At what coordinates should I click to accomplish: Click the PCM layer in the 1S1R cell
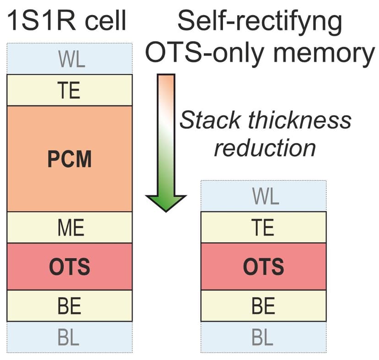[70, 159]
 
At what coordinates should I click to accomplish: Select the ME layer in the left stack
[70, 227]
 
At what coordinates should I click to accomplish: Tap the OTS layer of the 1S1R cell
[70, 266]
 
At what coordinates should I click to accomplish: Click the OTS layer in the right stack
[263, 266]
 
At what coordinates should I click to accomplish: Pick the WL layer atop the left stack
[70, 59]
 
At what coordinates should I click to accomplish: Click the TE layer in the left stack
[70, 90]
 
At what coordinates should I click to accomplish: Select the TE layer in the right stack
[263, 227]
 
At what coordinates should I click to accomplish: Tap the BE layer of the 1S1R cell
[70, 306]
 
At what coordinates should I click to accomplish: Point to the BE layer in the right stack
[263, 306]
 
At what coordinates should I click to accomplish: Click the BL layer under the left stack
[70, 337]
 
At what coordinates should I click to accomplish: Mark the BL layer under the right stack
[263, 337]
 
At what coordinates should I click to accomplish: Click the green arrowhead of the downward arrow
[166, 201]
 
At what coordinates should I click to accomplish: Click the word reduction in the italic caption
[265, 147]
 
